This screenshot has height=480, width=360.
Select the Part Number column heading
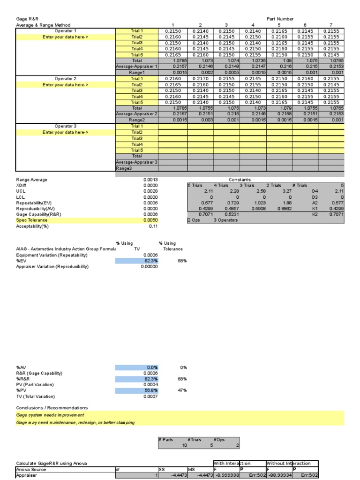pos(280,19)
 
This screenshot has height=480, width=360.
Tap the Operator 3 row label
pos(65,126)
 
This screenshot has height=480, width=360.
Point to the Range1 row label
pos(137,73)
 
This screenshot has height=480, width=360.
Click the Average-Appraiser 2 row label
pos(137,114)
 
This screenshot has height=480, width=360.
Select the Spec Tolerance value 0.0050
pos(150,220)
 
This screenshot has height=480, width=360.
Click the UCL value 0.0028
pos(150,191)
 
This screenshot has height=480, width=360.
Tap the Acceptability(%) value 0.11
pos(153,226)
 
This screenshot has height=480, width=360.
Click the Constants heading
pos(240,180)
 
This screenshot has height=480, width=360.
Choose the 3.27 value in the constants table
pos(287,191)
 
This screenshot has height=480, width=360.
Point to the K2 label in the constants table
pos(315,214)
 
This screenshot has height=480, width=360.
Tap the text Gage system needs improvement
pos(50,415)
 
